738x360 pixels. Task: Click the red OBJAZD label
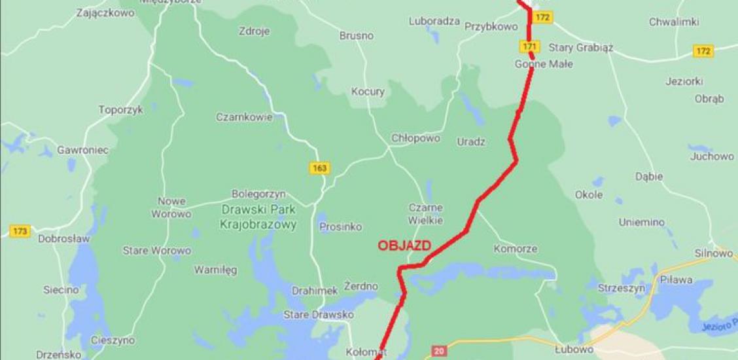404,245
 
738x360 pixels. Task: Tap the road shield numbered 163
319,168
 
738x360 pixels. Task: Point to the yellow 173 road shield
20,230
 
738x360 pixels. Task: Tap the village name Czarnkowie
244,117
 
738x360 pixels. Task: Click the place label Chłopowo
415,139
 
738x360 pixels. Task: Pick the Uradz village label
471,141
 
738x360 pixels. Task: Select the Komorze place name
516,249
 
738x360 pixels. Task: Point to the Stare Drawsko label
319,315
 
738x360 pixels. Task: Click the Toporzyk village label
120,110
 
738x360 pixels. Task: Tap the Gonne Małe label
544,64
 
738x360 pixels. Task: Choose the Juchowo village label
712,156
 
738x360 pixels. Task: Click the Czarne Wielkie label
426,215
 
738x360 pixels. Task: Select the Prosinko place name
340,226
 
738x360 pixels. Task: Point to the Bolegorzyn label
258,194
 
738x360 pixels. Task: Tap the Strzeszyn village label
622,287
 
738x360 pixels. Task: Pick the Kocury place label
368,92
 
